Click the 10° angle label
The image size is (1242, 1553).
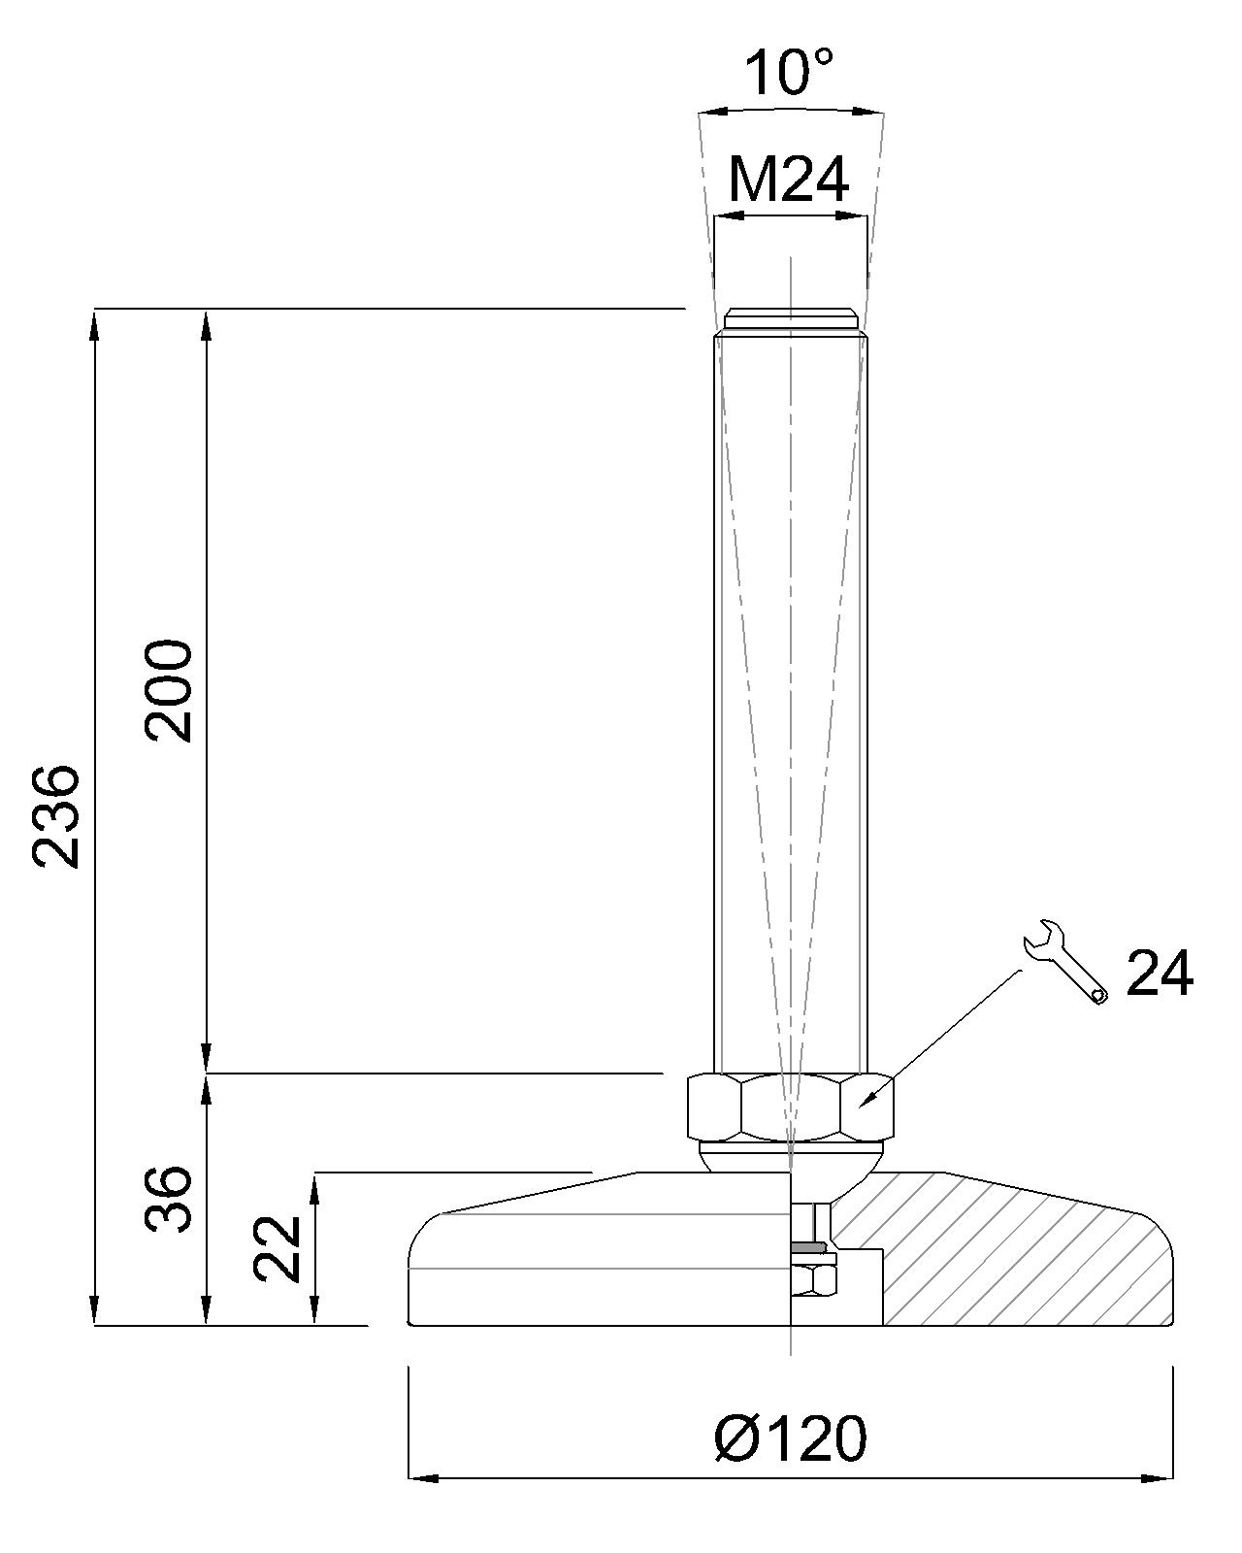click(x=789, y=72)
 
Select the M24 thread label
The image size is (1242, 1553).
click(x=788, y=181)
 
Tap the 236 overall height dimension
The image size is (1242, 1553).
click(x=55, y=817)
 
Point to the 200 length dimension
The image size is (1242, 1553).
click(x=169, y=691)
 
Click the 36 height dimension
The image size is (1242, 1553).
click(x=169, y=1199)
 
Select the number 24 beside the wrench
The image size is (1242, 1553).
click(x=1160, y=974)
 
